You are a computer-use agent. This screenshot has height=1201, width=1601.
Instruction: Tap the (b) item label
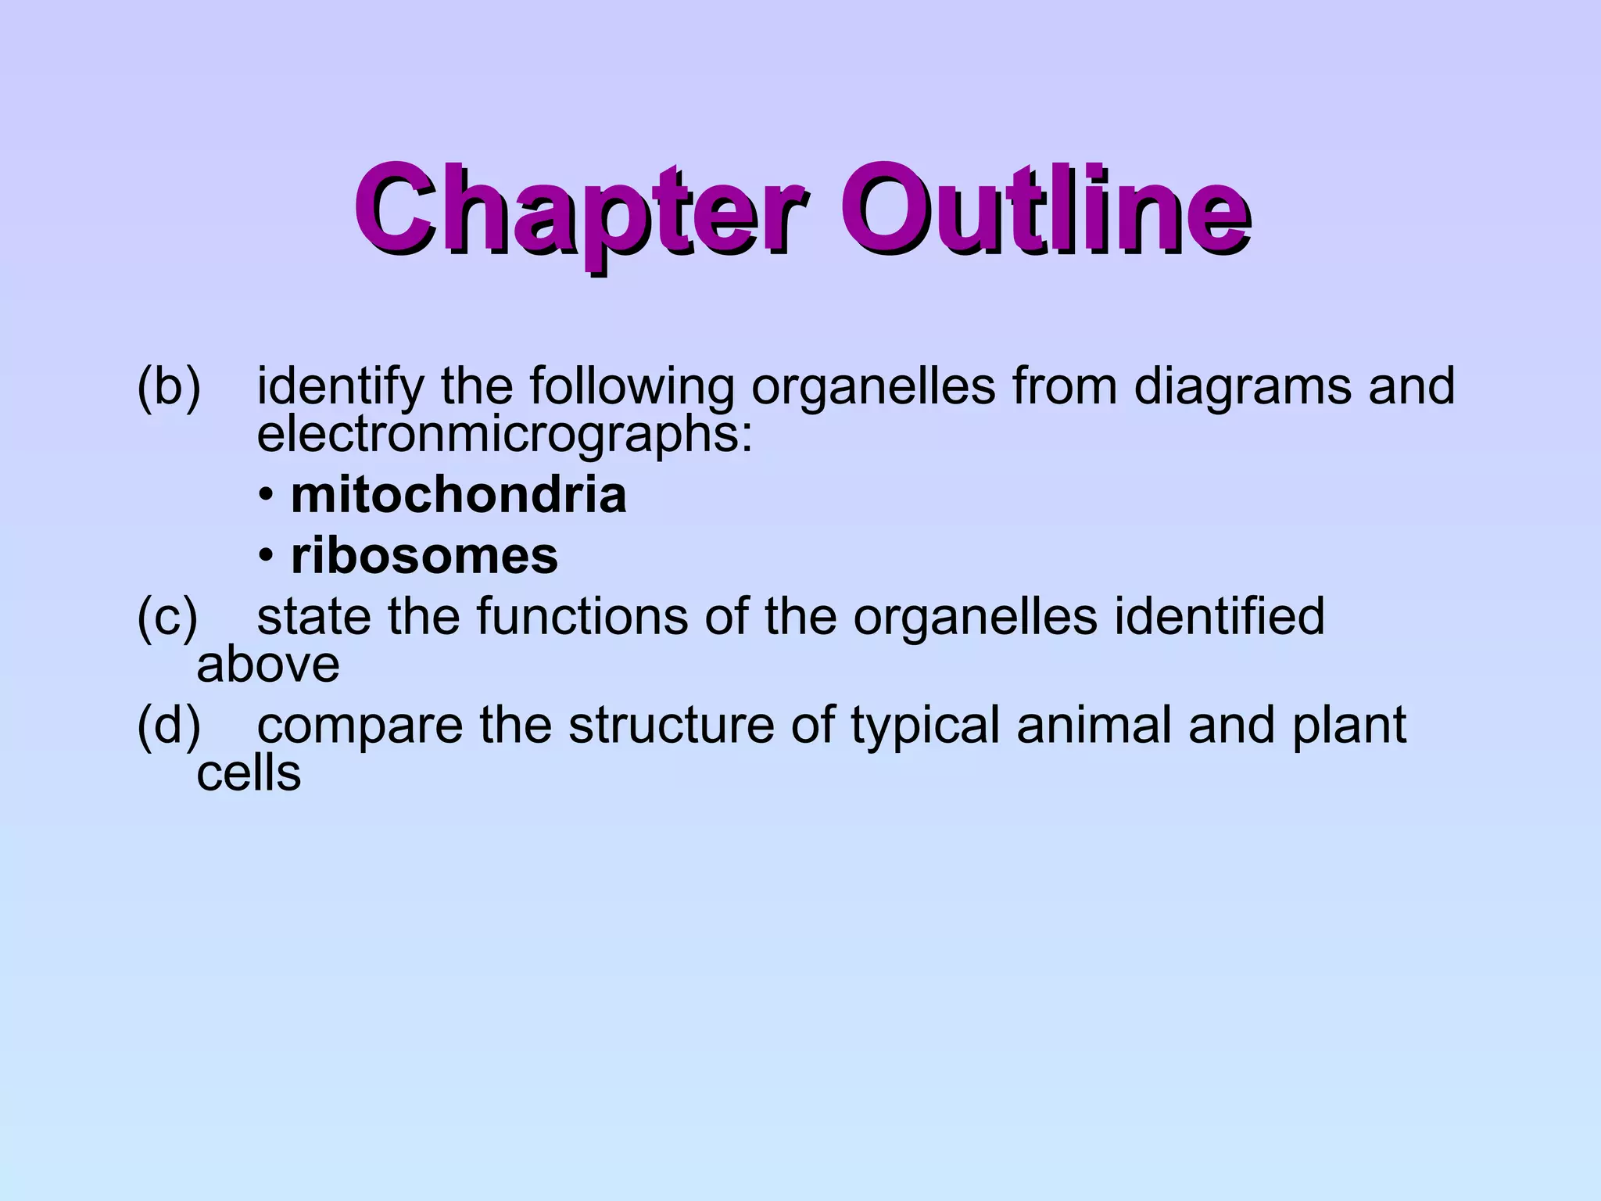[x=169, y=386]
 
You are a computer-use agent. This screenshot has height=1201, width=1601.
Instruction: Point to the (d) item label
[x=169, y=725]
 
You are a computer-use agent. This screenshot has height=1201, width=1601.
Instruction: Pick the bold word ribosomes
[x=424, y=556]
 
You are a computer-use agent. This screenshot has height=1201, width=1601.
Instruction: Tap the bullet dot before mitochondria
[x=267, y=496]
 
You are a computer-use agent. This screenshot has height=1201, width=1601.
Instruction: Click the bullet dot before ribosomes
[x=267, y=557]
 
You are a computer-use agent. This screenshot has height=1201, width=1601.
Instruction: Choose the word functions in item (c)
[x=582, y=616]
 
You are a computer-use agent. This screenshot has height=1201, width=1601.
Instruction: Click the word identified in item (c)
[x=1219, y=616]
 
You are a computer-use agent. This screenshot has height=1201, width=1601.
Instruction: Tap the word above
[x=267, y=665]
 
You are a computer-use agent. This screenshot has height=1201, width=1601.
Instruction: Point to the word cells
[x=249, y=773]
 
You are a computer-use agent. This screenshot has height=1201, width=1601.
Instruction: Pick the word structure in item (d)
[x=672, y=725]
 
